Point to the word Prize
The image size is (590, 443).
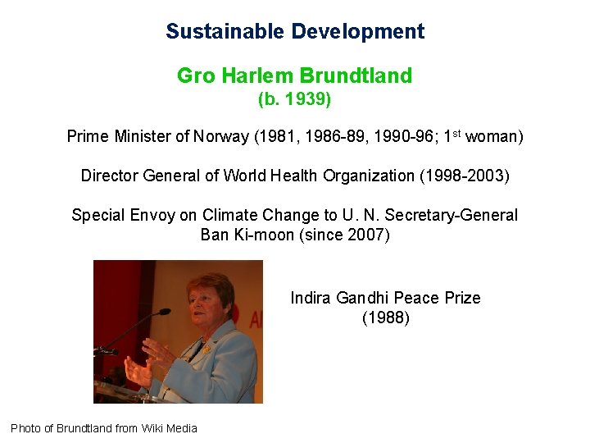coord(462,297)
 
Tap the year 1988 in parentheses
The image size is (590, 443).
coord(385,317)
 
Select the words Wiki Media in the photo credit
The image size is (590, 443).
coord(170,428)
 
